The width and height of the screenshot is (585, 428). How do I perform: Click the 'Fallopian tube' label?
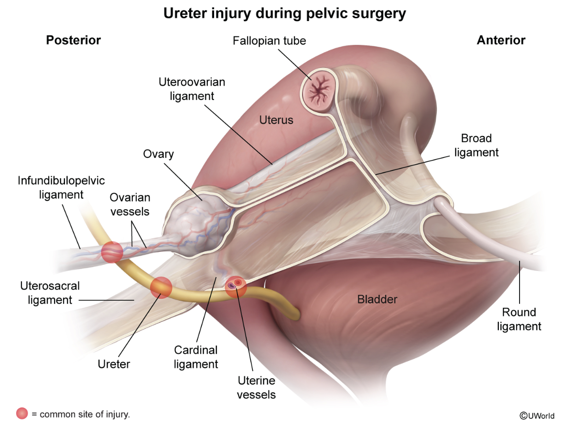tap(269, 40)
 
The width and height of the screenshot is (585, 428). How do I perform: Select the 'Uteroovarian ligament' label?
tap(192, 89)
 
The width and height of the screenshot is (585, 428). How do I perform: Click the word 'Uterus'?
tap(276, 120)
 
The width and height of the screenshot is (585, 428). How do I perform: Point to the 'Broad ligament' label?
tap(477, 146)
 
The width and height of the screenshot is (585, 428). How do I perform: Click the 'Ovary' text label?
tap(158, 154)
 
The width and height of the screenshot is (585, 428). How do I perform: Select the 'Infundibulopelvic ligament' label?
tap(61, 188)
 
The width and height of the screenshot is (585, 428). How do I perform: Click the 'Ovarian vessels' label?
tap(130, 204)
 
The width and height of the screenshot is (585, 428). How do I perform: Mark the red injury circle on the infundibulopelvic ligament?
tap(112, 252)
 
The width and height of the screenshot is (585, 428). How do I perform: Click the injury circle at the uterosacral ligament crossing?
tap(161, 287)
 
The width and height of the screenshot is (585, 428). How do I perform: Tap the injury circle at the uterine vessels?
tap(236, 287)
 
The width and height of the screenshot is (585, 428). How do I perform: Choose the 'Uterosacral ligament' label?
tap(50, 293)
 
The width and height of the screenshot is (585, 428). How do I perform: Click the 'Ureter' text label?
tap(114, 364)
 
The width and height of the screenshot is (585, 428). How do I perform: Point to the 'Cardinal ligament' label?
tap(196, 357)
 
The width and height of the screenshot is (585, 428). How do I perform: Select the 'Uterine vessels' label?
tap(256, 388)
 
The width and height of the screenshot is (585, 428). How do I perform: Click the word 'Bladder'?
tap(378, 300)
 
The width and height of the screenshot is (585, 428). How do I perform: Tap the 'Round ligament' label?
tap(519, 319)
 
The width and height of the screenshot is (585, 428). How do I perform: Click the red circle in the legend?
tap(22, 414)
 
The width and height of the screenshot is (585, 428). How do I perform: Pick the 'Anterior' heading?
tap(501, 40)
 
